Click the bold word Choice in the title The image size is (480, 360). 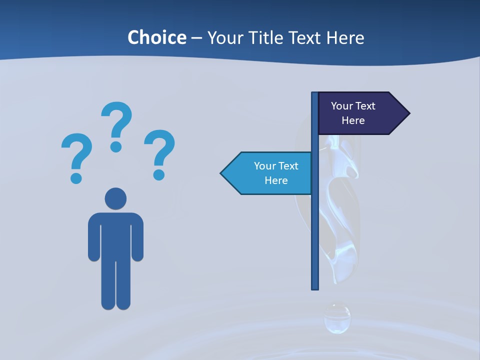[156, 37]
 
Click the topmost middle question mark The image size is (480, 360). [116, 125]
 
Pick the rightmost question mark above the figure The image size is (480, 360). [159, 153]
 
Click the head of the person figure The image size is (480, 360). [115, 198]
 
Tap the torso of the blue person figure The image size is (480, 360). [115, 235]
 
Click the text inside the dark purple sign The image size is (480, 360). [353, 113]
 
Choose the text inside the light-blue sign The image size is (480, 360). [276, 173]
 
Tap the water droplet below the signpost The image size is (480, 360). [337, 318]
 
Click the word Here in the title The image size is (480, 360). [345, 37]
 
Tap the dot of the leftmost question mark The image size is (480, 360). [76, 178]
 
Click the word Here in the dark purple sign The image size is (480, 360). [353, 120]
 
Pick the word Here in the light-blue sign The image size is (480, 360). [276, 180]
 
